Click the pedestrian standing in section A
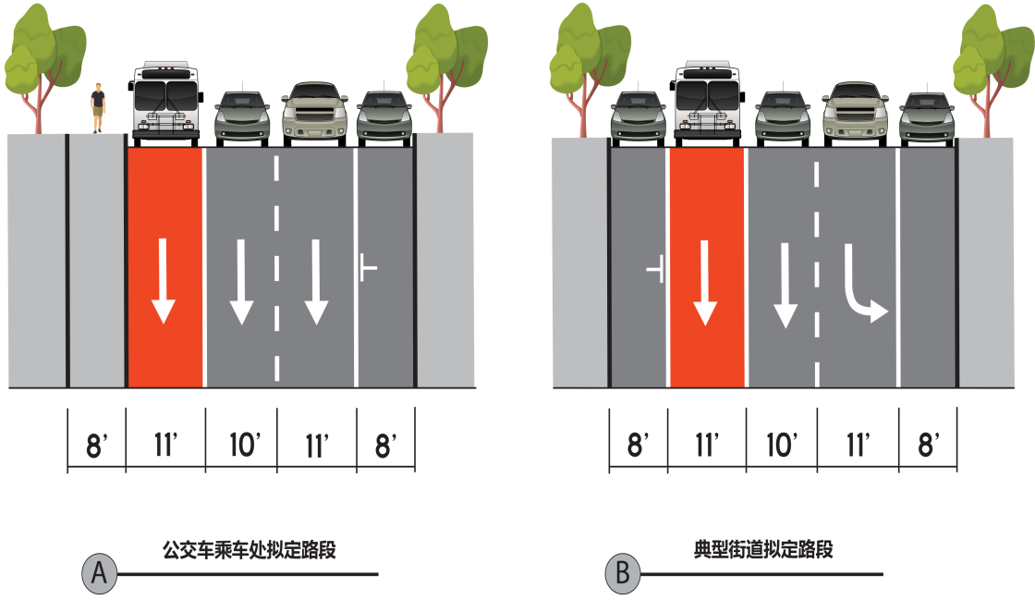click(97, 107)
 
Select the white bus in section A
click(166, 101)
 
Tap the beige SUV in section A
click(315, 111)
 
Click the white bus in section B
click(708, 101)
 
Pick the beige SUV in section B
click(856, 111)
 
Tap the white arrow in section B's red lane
click(705, 282)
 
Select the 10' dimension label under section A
click(242, 446)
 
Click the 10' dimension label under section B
click(782, 446)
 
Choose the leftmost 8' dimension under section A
click(97, 446)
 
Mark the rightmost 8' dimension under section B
click(928, 446)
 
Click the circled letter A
click(99, 573)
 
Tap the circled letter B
click(623, 573)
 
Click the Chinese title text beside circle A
click(249, 551)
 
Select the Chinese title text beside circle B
click(763, 551)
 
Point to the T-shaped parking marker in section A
click(368, 270)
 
